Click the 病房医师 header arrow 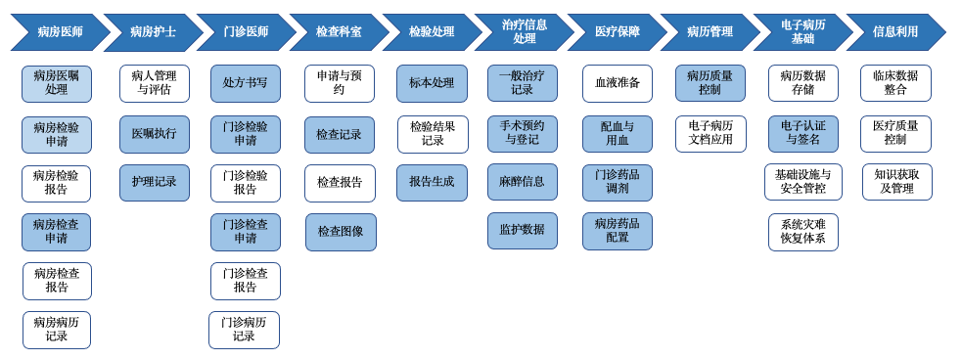pyautogui.click(x=59, y=32)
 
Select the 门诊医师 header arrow pyautogui.click(x=245, y=32)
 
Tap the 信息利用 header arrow pyautogui.click(x=894, y=32)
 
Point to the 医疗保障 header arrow pyautogui.click(x=617, y=32)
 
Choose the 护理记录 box pyautogui.click(x=155, y=183)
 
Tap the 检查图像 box pyautogui.click(x=341, y=233)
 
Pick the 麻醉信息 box pyautogui.click(x=523, y=183)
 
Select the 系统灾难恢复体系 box pyautogui.click(x=802, y=233)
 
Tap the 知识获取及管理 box pyautogui.click(x=896, y=183)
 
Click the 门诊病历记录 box pyautogui.click(x=244, y=331)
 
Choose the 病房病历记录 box pyautogui.click(x=57, y=331)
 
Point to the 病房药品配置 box pyautogui.click(x=618, y=232)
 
